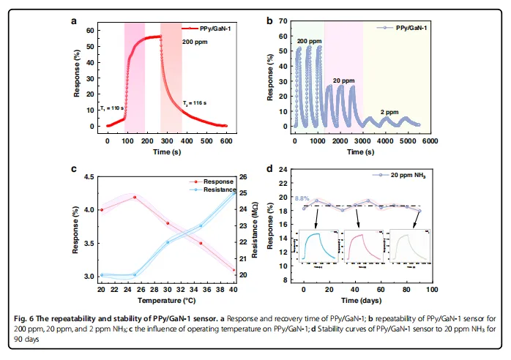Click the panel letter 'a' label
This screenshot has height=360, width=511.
(74, 21)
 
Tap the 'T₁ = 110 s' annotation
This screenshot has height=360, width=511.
(112, 108)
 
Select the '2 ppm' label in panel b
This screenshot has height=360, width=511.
(388, 111)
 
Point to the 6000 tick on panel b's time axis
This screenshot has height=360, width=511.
(429, 140)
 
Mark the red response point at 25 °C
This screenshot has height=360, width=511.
(135, 197)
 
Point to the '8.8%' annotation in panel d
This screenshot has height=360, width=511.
(302, 198)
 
